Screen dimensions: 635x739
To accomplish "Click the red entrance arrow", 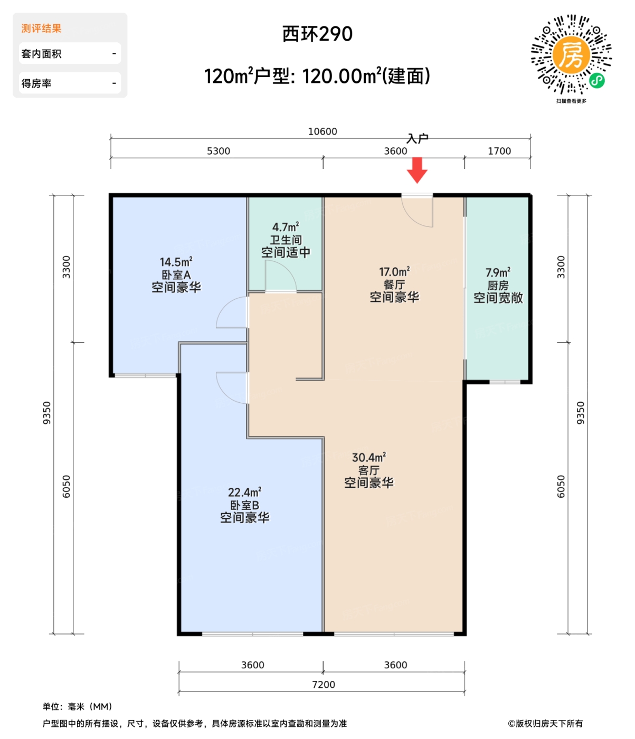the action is point(417,170).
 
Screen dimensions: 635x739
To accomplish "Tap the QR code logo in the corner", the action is point(571,55).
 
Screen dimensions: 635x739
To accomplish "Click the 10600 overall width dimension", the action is point(323,131).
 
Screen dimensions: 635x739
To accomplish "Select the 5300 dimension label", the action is point(219,151).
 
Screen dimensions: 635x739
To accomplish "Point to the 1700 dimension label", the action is point(499,151).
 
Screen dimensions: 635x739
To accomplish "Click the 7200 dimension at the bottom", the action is point(324,684).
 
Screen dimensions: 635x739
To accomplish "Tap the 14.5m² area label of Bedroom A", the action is point(176,262).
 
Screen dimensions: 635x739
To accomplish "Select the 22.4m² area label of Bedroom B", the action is point(244,492).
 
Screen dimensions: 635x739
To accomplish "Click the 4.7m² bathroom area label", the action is point(286,226).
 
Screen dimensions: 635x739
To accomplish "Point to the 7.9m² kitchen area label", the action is point(498,272).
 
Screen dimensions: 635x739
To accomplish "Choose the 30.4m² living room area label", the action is point(369,457).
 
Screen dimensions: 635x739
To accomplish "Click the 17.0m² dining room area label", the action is point(394,272).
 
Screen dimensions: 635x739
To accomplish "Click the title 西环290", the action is point(317,34).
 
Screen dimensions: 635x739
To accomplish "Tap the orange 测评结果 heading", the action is point(42,29).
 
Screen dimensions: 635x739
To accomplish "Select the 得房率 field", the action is point(70,83).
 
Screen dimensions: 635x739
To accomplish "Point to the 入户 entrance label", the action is point(417,138).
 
